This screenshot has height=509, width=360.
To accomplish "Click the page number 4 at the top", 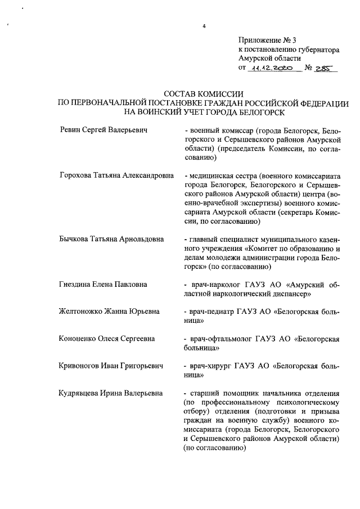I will click(x=204, y=26).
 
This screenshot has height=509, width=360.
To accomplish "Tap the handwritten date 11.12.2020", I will click(x=271, y=68).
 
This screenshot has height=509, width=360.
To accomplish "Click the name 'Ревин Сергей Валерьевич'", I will click(x=103, y=130).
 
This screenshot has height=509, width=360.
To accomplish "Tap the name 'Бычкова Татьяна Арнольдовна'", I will click(x=111, y=238).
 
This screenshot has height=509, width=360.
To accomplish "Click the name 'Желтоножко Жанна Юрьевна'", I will click(x=109, y=311).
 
